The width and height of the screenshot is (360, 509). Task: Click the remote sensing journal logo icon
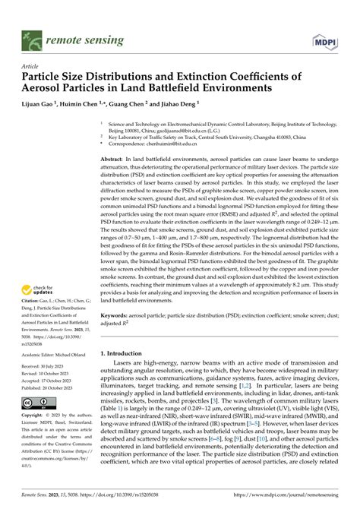click(x=31, y=35)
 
